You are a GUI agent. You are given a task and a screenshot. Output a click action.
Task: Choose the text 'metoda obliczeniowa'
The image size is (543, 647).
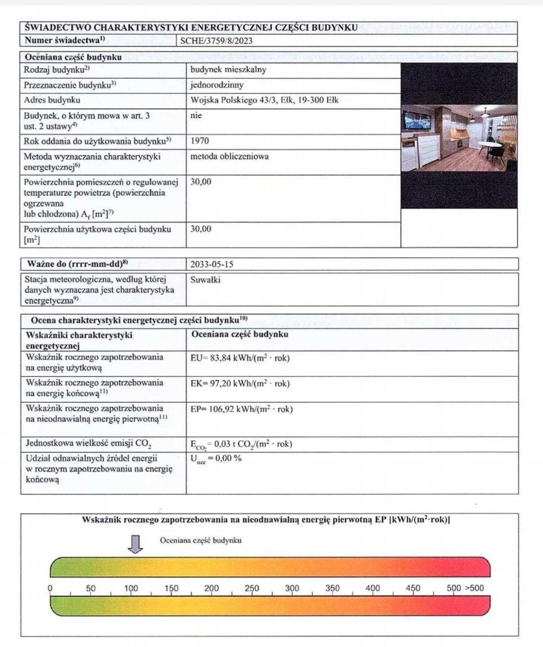tap(230, 156)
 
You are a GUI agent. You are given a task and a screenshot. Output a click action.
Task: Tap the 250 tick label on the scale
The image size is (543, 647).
tap(252, 588)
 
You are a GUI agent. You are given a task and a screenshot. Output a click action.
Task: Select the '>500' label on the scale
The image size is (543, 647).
tap(473, 588)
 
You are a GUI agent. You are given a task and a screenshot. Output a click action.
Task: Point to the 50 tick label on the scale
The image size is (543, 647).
tap(91, 588)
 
